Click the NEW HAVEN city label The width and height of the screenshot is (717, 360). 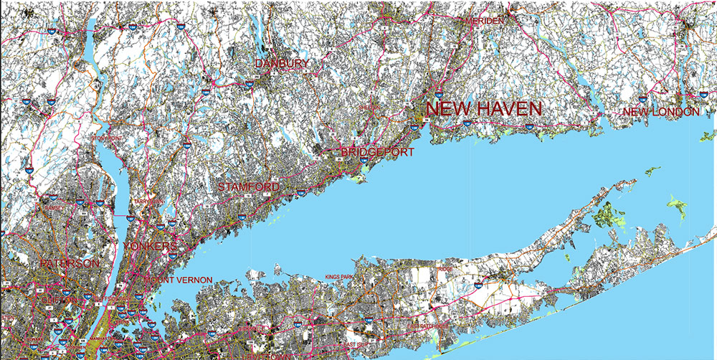(x=484, y=109)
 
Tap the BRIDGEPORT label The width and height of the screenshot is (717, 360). (x=368, y=152)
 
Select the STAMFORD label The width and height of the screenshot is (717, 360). (x=248, y=187)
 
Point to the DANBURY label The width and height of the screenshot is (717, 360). (x=282, y=64)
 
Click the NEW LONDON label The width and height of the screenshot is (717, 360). (x=660, y=112)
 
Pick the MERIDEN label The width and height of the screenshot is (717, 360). (x=485, y=22)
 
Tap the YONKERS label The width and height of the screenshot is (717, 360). (x=150, y=247)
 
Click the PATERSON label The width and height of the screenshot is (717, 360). (x=70, y=264)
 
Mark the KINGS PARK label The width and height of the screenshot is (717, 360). (x=340, y=276)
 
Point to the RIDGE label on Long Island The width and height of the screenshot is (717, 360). (x=445, y=270)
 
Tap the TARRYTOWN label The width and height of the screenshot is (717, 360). (x=144, y=202)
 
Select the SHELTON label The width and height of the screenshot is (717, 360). (x=367, y=108)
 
